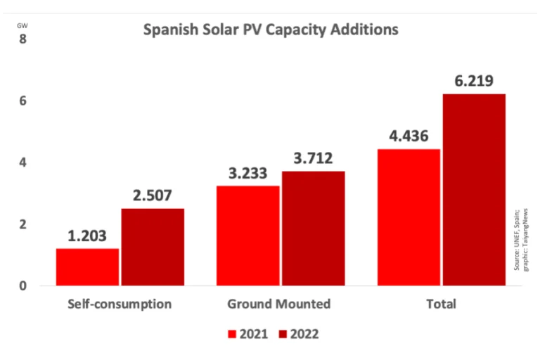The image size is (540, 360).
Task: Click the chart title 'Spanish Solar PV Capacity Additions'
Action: coord(271,30)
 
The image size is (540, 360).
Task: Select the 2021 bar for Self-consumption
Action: coord(88,267)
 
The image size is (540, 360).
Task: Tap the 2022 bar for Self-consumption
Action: coord(152,247)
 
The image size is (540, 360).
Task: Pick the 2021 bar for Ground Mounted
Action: coord(248,236)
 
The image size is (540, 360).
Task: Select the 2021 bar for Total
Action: coord(409,217)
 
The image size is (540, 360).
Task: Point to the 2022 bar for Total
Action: coord(473,190)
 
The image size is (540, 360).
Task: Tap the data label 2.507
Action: coord(153,195)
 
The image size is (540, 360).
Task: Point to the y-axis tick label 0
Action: coord(22,286)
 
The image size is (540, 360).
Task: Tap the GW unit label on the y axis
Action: coord(22,26)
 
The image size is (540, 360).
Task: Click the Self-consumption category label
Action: coord(120,304)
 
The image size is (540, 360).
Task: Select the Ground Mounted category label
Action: coord(279,304)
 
